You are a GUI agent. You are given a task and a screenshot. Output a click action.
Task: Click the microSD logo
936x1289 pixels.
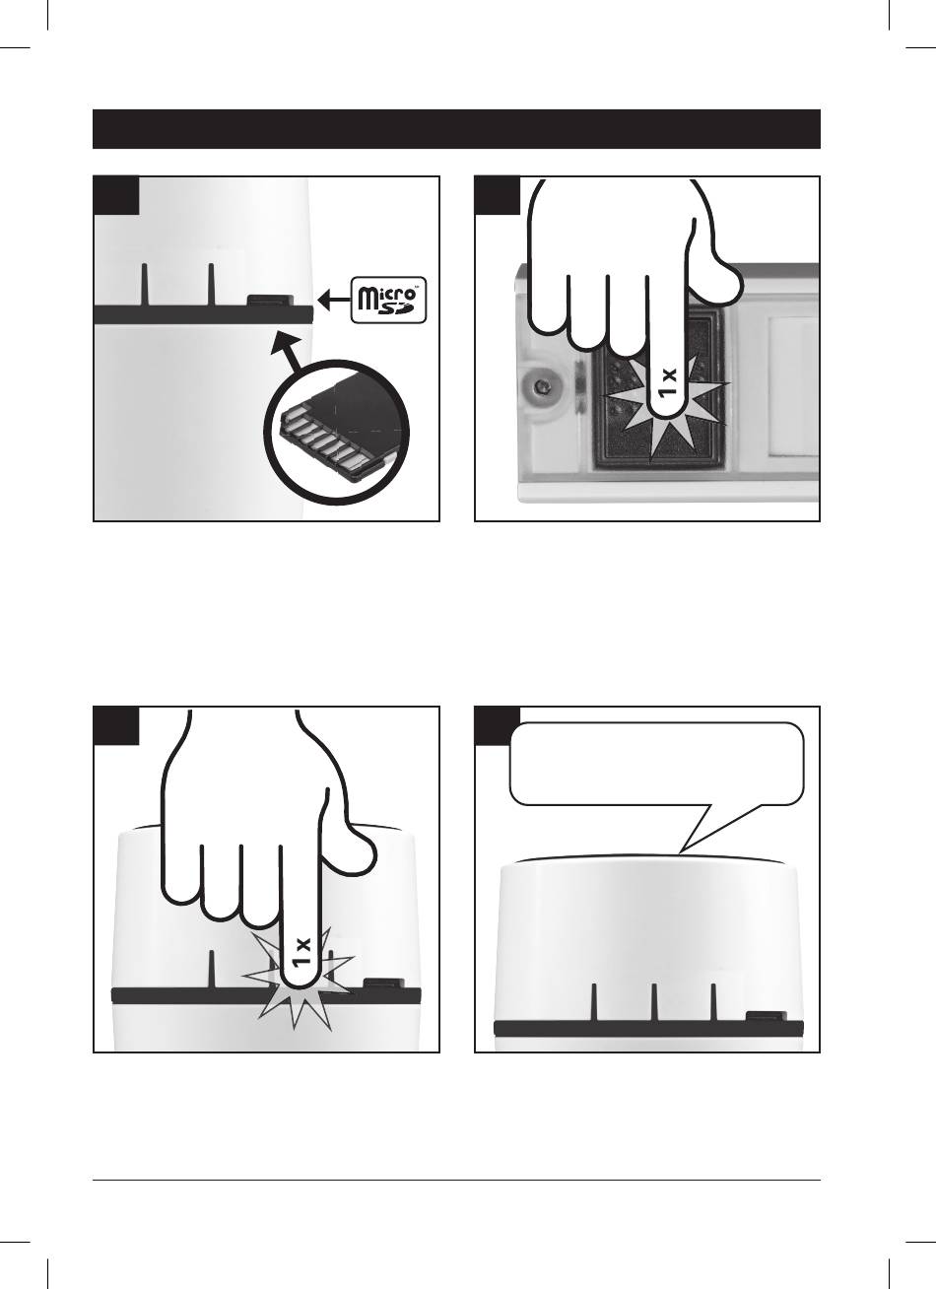click(x=389, y=300)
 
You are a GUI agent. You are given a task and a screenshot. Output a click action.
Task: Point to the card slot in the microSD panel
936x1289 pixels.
click(x=269, y=301)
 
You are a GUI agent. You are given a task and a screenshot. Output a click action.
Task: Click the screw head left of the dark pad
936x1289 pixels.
click(x=541, y=387)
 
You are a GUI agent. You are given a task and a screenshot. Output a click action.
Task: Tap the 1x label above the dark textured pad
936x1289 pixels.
click(x=668, y=382)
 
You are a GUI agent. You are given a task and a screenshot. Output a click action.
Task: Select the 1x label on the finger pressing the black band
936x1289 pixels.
click(x=301, y=953)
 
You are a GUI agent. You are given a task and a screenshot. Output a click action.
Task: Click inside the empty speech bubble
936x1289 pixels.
click(x=656, y=763)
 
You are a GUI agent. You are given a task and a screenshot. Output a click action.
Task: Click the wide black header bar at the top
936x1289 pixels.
click(x=456, y=129)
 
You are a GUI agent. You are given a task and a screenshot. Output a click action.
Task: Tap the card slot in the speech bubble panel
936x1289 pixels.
click(x=766, y=1016)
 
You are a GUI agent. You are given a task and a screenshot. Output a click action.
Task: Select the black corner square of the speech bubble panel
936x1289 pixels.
click(x=497, y=725)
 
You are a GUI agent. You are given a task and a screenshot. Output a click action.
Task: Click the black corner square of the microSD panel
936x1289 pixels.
click(x=115, y=195)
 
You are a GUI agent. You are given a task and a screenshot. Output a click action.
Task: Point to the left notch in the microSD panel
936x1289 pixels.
click(x=145, y=284)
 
